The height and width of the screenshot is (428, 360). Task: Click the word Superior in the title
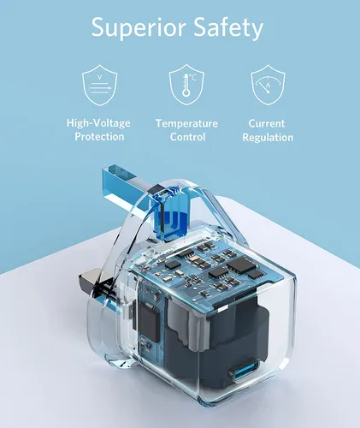[x=139, y=28]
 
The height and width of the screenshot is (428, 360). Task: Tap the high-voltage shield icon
[x=100, y=85]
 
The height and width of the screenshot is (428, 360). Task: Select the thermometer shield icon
[x=186, y=85]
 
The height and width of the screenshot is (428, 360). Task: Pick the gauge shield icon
[x=268, y=85]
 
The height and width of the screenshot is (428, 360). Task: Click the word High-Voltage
[x=98, y=123]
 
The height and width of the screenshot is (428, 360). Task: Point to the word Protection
[x=99, y=136]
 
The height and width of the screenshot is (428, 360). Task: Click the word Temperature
[x=186, y=123]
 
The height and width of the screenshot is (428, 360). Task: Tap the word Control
[x=187, y=137]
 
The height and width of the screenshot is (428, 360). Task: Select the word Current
[x=267, y=123]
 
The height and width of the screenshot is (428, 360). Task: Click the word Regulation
[x=268, y=138]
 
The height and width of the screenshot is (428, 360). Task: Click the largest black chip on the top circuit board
[x=241, y=264]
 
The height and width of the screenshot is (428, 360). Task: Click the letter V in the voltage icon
[x=99, y=76]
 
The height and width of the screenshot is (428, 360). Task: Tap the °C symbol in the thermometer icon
[x=192, y=77]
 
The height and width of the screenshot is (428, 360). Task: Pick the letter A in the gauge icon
[x=268, y=85]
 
